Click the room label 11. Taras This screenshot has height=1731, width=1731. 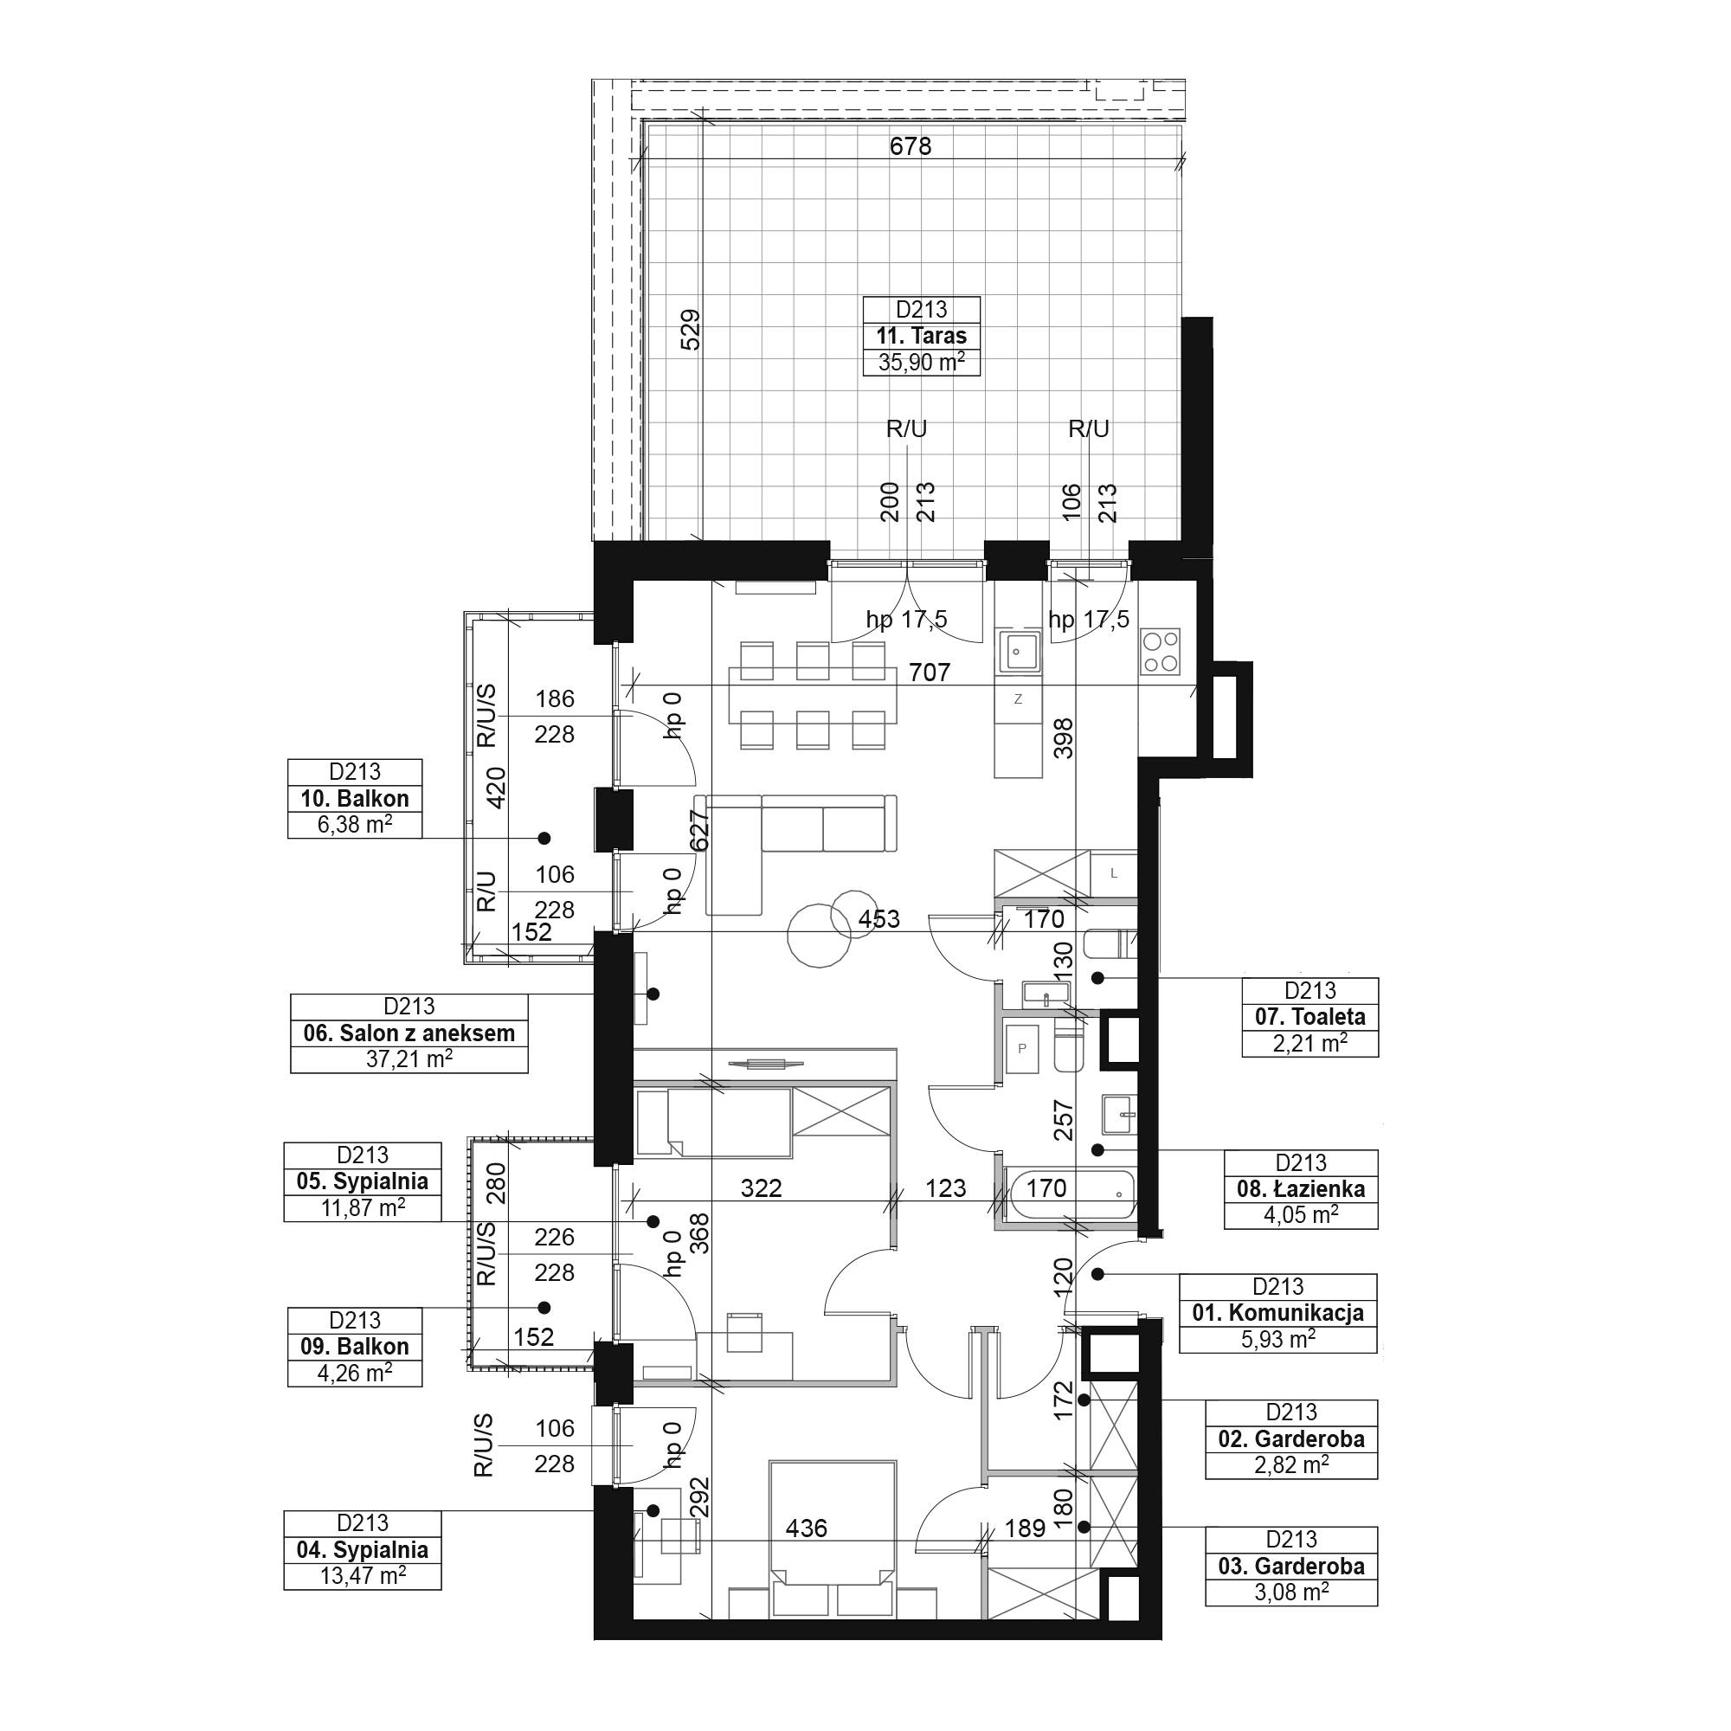[x=921, y=336]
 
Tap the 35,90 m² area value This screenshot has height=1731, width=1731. [x=921, y=362]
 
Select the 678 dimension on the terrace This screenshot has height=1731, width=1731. [x=911, y=146]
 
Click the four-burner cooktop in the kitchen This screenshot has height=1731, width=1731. [x=1161, y=652]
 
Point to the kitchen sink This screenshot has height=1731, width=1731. [x=1018, y=652]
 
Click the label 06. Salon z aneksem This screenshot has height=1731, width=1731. [x=409, y=1033]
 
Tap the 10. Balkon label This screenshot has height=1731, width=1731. [x=355, y=798]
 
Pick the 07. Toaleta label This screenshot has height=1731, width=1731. [x=1310, y=1017]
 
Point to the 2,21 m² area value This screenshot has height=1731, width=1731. [x=1310, y=1043]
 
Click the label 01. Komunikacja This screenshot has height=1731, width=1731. [x=1278, y=1313]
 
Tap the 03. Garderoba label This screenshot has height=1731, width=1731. [x=1292, y=1567]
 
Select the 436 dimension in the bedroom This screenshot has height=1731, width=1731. [x=806, y=1528]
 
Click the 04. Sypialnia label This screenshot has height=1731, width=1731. [x=363, y=1550]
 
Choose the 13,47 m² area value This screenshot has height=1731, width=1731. [x=363, y=1576]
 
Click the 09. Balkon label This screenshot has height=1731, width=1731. [x=355, y=1347]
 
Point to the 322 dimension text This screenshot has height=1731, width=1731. [x=762, y=1188]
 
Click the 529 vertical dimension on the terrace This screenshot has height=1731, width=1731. [x=691, y=329]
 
